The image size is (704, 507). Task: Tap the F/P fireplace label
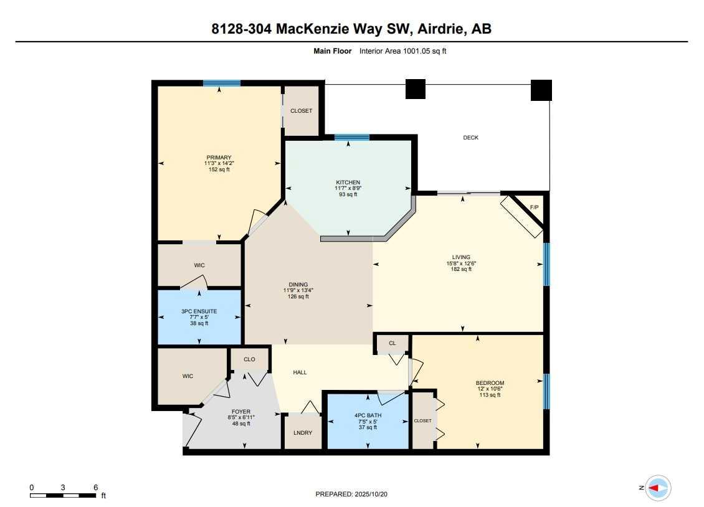click(x=534, y=207)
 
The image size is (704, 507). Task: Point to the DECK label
click(x=470, y=138)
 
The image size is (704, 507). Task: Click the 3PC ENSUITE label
click(x=199, y=311)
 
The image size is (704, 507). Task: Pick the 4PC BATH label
click(x=368, y=415)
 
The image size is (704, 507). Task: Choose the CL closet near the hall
click(x=392, y=343)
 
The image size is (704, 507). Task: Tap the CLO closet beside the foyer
click(x=249, y=359)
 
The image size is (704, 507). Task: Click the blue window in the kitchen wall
click(x=352, y=137)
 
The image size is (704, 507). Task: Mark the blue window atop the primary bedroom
click(x=221, y=83)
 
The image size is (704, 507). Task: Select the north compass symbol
click(x=658, y=488)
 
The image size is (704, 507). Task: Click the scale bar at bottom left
click(x=63, y=495)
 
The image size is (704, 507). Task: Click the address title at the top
click(x=351, y=29)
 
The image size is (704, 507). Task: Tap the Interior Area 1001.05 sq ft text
click(x=402, y=52)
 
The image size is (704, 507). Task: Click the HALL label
click(x=300, y=372)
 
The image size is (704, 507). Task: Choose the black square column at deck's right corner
click(x=541, y=90)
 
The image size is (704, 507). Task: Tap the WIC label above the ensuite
click(x=199, y=265)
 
